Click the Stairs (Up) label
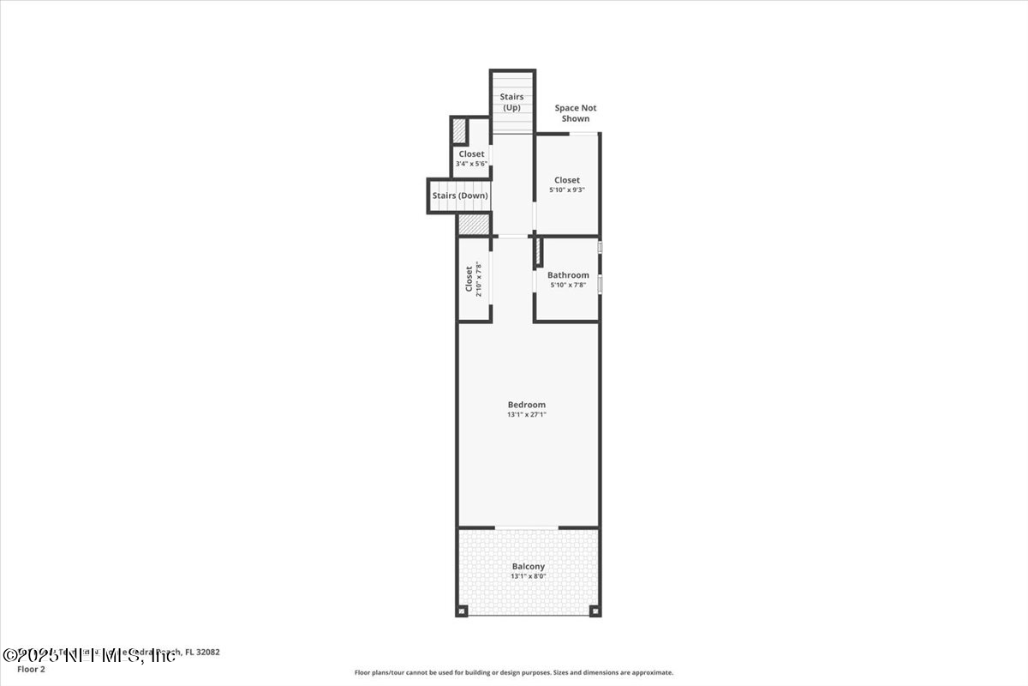tap(511, 102)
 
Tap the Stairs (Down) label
tap(460, 196)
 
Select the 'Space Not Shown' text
tap(575, 113)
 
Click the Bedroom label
tap(526, 405)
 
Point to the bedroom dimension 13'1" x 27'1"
tap(526, 415)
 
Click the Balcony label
tap(528, 566)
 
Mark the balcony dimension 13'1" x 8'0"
tap(528, 576)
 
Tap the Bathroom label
tap(568, 275)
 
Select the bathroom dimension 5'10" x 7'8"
tap(569, 285)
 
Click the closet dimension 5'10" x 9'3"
tap(567, 190)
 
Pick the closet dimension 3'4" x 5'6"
tap(471, 164)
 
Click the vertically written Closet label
tap(469, 280)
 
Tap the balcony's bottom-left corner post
tap(463, 611)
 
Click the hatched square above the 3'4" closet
tap(459, 130)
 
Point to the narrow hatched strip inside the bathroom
tap(539, 251)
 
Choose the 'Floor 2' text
tap(31, 669)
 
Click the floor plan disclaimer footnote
tap(514, 673)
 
